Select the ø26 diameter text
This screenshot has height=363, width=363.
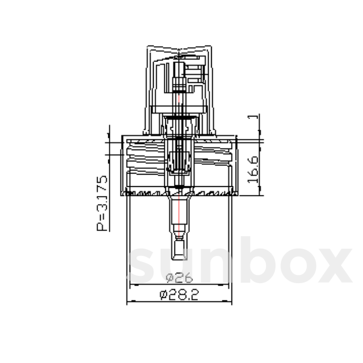click(179, 278)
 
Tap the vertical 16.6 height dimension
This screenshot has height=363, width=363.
click(253, 169)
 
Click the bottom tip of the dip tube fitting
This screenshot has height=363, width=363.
click(179, 259)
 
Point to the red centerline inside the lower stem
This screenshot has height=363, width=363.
click(179, 212)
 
